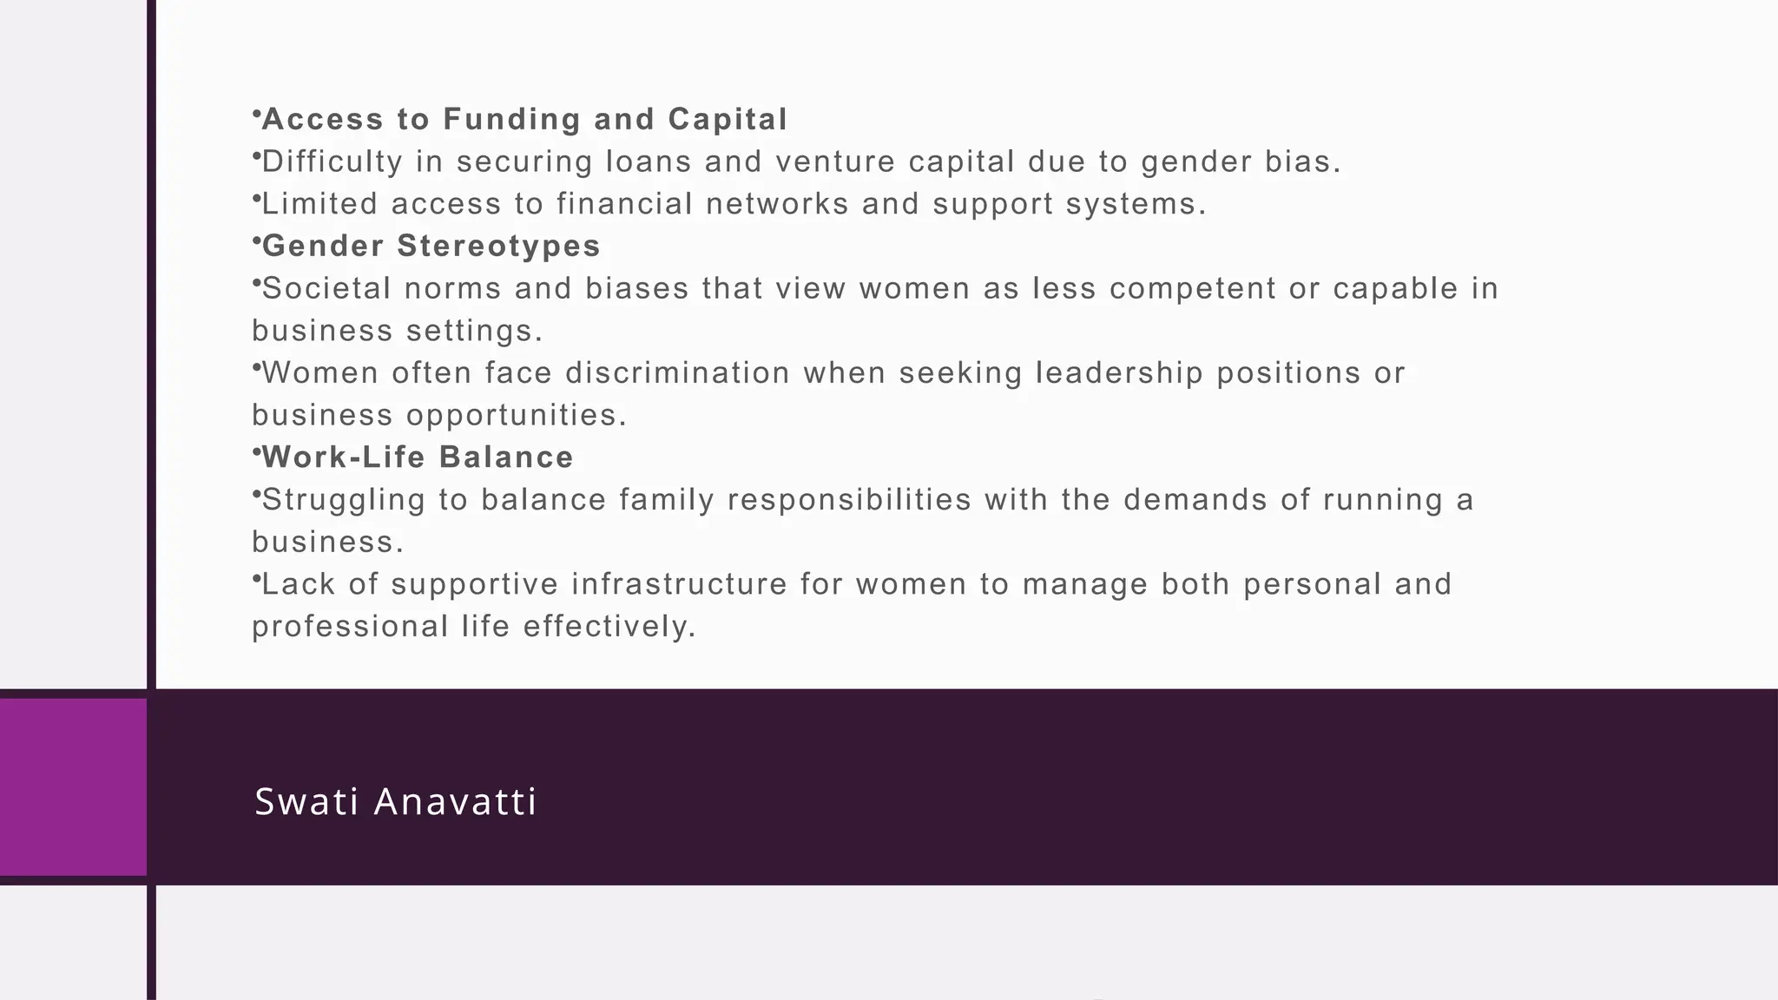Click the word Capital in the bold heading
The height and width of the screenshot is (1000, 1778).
[x=728, y=120]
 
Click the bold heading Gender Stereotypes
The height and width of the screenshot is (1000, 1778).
[x=431, y=247]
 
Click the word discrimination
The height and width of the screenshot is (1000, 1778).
[x=678, y=373]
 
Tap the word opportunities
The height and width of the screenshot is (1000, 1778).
[x=516, y=416]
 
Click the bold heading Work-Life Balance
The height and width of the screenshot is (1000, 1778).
[x=418, y=457]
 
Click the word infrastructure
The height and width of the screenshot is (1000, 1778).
[x=679, y=584]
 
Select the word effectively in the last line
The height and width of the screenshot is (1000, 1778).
[x=609, y=627]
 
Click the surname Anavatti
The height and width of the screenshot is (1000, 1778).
[x=455, y=801]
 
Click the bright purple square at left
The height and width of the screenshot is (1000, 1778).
[x=73, y=786]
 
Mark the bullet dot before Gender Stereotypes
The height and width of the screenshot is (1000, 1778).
[x=256, y=240]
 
